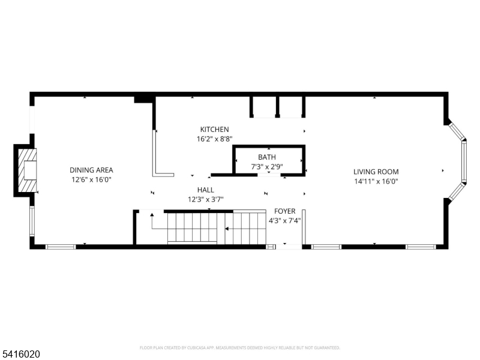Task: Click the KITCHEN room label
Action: coord(214,130)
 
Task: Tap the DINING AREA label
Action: coord(91,170)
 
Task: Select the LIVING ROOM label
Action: coord(376,172)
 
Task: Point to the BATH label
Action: coord(267,157)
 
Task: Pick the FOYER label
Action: coord(285,211)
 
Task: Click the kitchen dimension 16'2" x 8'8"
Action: coord(214,139)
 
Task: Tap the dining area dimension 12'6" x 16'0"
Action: coord(91,179)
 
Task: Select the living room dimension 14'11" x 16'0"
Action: coord(376,181)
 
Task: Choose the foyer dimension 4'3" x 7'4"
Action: coord(285,220)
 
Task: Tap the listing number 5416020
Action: coord(21,355)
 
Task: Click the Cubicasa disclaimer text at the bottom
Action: coord(239,347)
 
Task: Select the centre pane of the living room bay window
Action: coord(463,161)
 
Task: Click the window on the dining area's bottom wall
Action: coord(61,246)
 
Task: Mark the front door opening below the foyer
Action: coord(288,246)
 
